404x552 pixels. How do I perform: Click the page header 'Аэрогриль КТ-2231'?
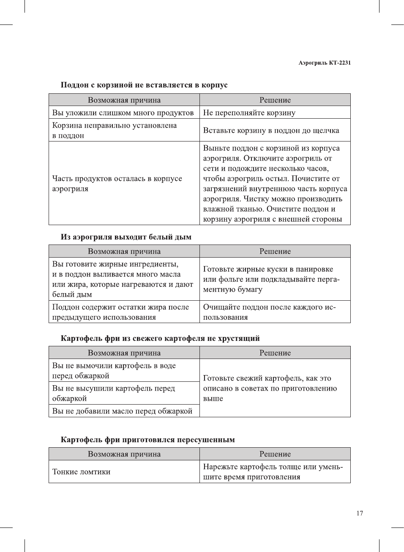(324, 63)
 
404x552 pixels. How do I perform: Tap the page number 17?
(359, 513)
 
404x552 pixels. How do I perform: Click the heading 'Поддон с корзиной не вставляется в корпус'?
(144, 85)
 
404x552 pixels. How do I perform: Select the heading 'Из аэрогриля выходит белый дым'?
(126, 237)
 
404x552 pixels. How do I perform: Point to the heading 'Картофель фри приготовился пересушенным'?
(147, 440)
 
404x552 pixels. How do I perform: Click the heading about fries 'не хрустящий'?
(160, 338)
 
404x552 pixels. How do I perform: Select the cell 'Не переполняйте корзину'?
(249, 113)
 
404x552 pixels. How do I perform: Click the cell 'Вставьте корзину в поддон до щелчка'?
(271, 131)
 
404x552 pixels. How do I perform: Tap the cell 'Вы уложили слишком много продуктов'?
(123, 113)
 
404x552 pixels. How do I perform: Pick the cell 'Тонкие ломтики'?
(82, 472)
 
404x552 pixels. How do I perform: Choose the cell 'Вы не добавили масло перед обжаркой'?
(122, 411)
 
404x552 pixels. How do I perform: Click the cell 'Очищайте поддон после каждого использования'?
(269, 312)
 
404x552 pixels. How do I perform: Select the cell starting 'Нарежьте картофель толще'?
(273, 472)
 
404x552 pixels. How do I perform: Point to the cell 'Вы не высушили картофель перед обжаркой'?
(113, 393)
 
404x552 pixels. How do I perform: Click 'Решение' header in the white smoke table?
(275, 251)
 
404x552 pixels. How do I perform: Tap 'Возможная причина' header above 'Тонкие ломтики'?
(124, 454)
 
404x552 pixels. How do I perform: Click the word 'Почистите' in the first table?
(313, 179)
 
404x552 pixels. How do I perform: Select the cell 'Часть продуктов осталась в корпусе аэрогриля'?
(117, 184)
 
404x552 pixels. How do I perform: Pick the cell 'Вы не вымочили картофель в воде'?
(114, 370)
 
